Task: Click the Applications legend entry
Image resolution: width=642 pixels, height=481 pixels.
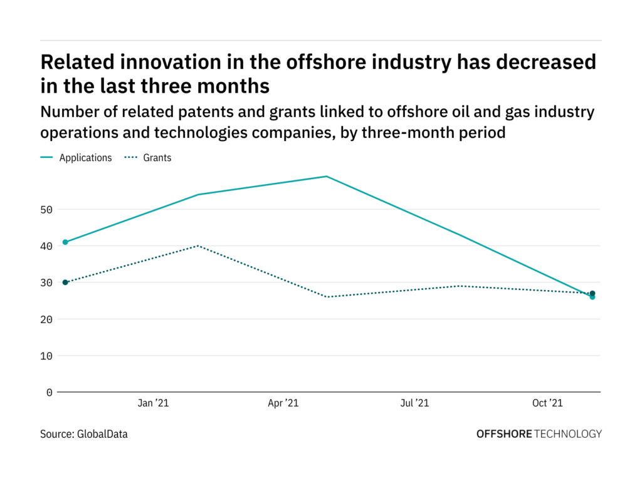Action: point(85,158)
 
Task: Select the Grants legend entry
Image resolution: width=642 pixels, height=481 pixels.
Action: point(157,158)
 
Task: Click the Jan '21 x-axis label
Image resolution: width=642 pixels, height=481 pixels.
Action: point(154,404)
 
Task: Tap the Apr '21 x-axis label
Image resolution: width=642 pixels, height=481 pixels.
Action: point(283,404)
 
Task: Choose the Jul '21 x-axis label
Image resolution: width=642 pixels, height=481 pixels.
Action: point(415,404)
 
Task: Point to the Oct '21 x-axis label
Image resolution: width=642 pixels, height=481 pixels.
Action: point(548,404)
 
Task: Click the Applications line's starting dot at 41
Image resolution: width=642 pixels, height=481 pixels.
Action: point(65,242)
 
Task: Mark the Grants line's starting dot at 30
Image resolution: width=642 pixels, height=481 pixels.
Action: point(65,282)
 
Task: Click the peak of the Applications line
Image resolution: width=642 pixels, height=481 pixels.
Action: point(327,177)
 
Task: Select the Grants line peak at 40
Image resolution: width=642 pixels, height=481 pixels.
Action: point(198,246)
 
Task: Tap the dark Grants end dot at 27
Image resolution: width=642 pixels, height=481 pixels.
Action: point(592,293)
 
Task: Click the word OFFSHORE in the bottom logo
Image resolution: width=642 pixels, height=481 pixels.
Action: point(504,433)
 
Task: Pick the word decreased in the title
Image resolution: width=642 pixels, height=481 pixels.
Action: point(545,62)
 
